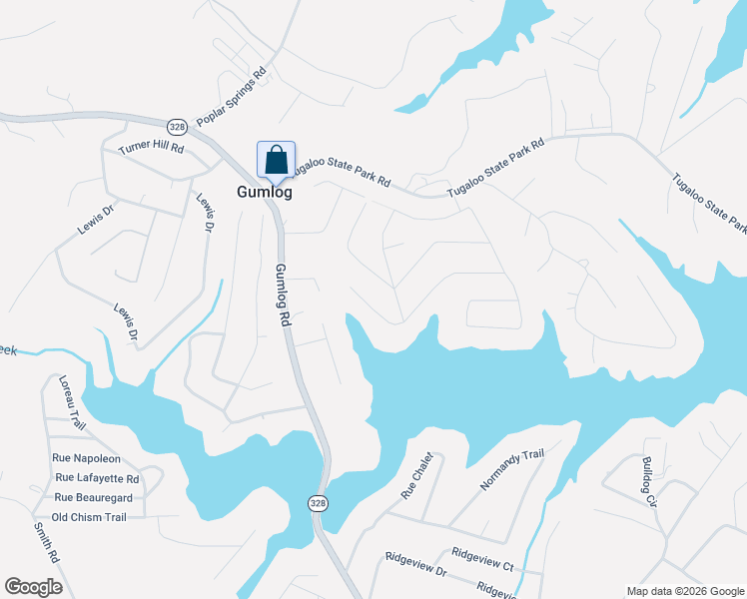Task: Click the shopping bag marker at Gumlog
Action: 276,160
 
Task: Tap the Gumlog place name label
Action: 265,193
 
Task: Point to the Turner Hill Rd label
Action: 152,148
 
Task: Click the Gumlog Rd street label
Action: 283,297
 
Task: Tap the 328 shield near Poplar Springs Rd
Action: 177,127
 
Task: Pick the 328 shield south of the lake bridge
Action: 317,502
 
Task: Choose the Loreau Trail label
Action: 68,402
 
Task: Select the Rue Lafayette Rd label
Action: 97,478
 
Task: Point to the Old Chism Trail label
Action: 89,517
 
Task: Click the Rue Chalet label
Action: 417,475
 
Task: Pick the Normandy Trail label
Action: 511,469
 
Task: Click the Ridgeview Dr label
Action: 415,570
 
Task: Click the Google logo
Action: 33,587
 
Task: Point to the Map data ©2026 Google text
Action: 684,591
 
